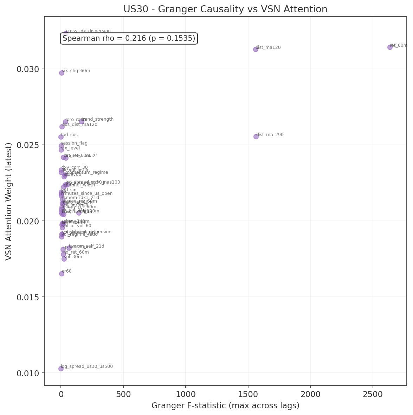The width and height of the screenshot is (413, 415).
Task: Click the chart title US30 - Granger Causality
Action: (x=225, y=9)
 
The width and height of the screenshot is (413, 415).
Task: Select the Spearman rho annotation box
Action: (x=129, y=39)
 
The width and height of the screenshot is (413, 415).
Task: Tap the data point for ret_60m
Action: (x=390, y=47)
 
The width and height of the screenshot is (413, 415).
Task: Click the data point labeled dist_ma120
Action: (x=256, y=49)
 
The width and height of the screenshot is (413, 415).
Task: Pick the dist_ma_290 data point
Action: (x=256, y=136)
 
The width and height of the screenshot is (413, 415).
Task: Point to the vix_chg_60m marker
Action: (x=62, y=73)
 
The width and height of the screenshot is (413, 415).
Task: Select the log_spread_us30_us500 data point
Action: (x=61, y=369)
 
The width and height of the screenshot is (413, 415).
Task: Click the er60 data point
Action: (x=62, y=274)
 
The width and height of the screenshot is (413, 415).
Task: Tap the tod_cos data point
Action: (x=61, y=137)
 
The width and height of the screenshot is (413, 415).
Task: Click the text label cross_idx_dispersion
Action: (x=88, y=31)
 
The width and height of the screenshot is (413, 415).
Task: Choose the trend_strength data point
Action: (x=82, y=121)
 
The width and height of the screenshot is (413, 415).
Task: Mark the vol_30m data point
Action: (x=64, y=259)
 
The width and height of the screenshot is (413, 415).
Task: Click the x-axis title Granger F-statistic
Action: (x=225, y=406)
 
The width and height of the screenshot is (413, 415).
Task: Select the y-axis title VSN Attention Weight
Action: (x=9, y=202)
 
